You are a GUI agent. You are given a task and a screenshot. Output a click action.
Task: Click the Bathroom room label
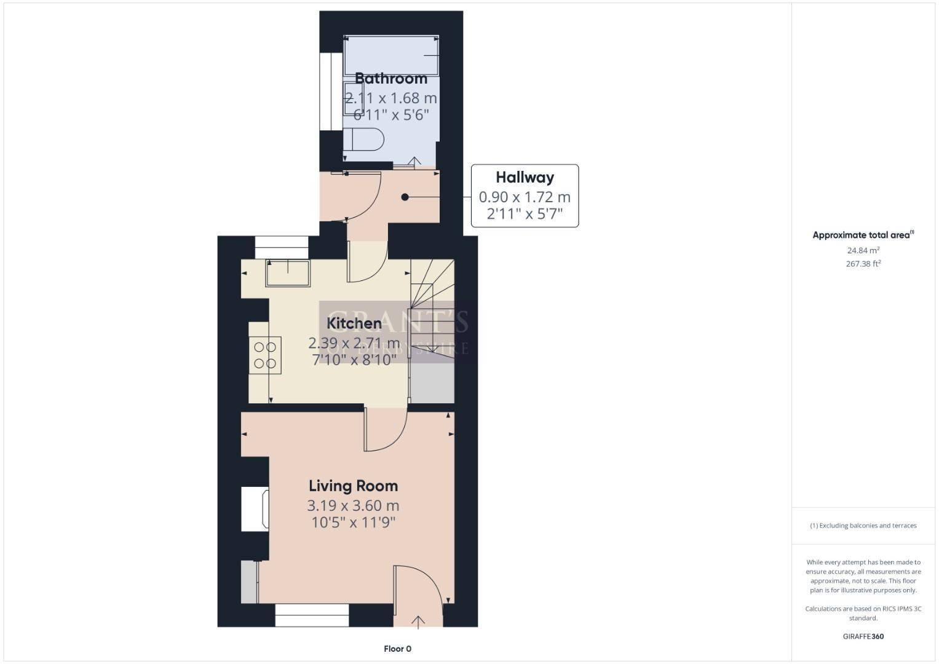(x=390, y=79)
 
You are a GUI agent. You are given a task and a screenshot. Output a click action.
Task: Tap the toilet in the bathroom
(x=364, y=139)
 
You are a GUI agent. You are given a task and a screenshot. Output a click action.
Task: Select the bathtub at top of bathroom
(x=391, y=55)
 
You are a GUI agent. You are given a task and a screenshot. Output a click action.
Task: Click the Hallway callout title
(x=525, y=178)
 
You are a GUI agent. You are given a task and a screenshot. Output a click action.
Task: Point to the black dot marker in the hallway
(x=405, y=197)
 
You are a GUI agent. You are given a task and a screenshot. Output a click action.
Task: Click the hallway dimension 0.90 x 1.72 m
(x=525, y=197)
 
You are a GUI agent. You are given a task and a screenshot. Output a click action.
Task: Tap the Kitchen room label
(x=354, y=323)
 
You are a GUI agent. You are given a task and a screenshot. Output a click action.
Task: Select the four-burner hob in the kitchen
(x=265, y=355)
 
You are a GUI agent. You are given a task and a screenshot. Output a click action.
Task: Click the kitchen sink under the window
(x=288, y=274)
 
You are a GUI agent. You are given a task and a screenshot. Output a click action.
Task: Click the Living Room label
(x=353, y=486)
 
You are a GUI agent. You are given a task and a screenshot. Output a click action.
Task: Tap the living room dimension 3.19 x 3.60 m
(x=353, y=506)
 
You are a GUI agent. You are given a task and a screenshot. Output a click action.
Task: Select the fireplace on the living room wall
(x=255, y=508)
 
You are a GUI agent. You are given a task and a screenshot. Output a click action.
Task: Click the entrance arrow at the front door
(x=418, y=622)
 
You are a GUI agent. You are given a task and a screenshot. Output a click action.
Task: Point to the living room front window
(x=312, y=615)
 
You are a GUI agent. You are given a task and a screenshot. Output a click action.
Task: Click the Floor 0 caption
(x=397, y=649)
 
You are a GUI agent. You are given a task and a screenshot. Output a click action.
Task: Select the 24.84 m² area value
(x=863, y=250)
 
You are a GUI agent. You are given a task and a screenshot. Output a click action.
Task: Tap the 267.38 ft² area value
(x=863, y=264)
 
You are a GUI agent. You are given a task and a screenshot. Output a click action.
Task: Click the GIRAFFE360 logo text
(x=863, y=636)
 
